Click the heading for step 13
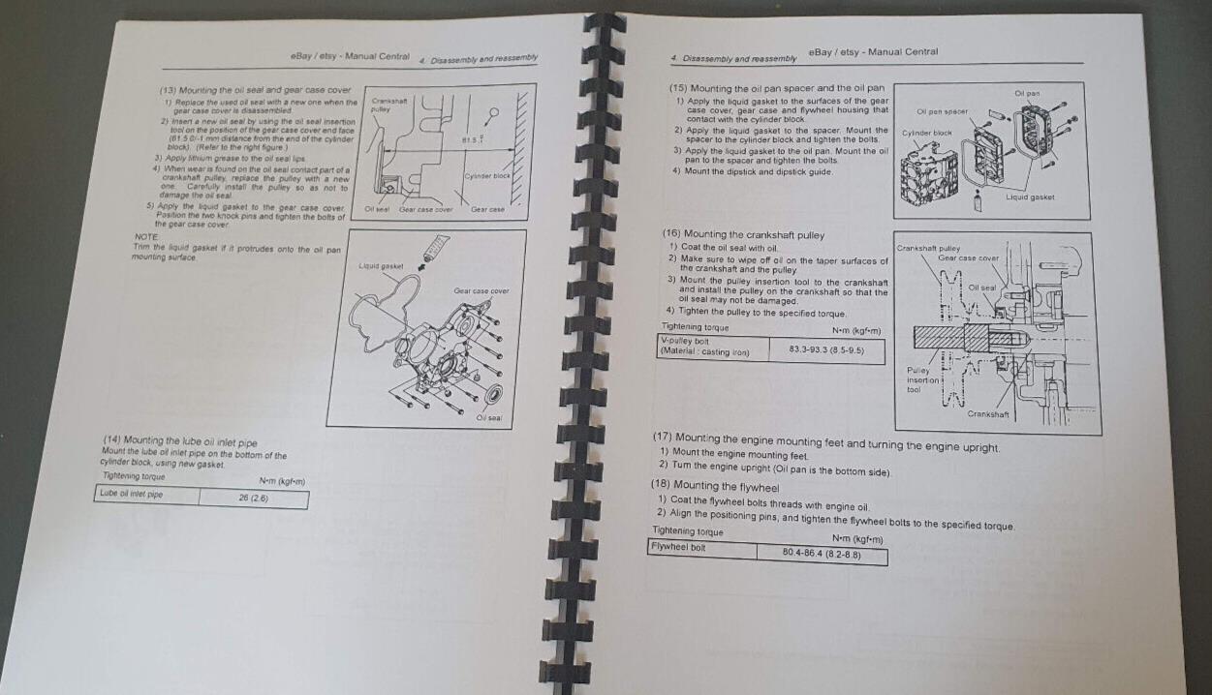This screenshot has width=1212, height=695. click(x=254, y=89)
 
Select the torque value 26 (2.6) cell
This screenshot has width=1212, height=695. click(x=253, y=498)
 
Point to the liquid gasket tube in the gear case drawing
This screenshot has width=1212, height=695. click(x=430, y=249)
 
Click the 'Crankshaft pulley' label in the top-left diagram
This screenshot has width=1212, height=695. click(x=389, y=105)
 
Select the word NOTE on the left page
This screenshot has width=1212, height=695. click(x=146, y=236)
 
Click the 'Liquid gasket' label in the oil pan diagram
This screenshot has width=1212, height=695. click(x=1030, y=197)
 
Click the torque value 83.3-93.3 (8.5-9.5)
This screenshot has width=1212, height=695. click(x=825, y=347)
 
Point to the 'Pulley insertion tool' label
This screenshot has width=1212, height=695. click(x=918, y=379)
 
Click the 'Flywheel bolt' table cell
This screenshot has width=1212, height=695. click(x=678, y=548)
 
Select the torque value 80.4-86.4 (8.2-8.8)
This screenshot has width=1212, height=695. click(x=820, y=554)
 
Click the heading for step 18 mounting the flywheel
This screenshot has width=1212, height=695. click(x=715, y=486)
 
